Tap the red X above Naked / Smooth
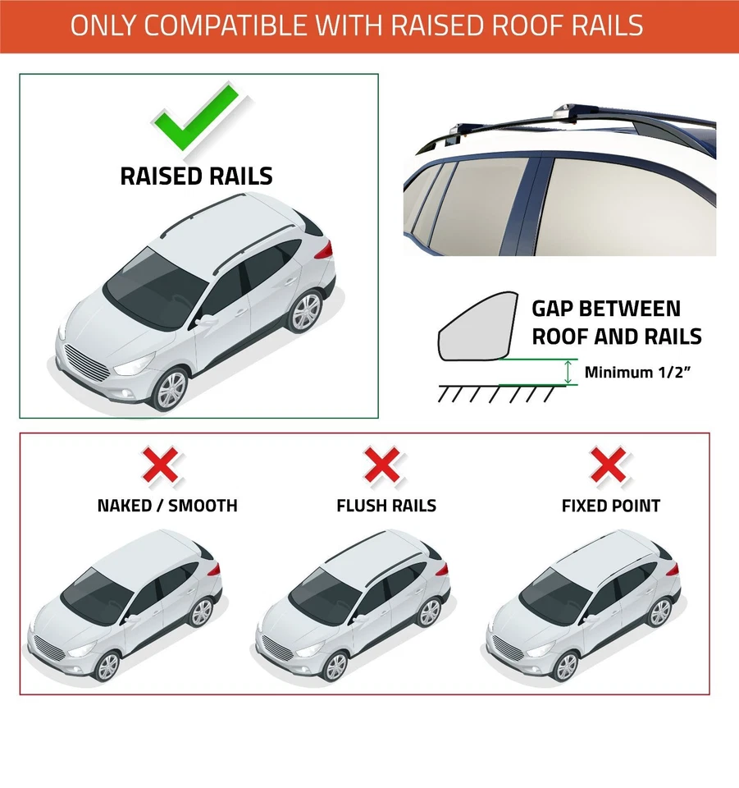[162, 465]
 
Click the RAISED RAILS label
[196, 176]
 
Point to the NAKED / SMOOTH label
[167, 506]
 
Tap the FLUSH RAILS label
[386, 506]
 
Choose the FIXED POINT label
[611, 506]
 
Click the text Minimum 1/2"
[636, 372]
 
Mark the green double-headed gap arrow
[567, 373]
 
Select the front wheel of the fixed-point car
[565, 666]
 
